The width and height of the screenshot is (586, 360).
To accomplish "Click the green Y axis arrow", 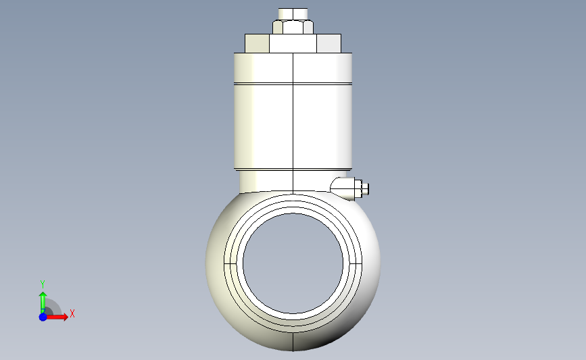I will [x=43, y=300].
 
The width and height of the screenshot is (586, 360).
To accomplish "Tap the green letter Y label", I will [x=43, y=284].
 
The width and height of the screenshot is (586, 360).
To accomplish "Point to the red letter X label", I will [x=72, y=313].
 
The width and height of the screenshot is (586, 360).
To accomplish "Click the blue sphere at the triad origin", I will [x=43, y=317].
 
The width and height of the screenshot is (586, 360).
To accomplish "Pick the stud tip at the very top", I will [x=293, y=13].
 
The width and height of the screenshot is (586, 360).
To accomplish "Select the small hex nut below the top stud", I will [x=293, y=27].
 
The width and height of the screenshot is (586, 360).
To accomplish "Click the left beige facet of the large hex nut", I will [x=256, y=44].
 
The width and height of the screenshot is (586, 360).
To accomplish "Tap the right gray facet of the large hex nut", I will [x=329, y=44].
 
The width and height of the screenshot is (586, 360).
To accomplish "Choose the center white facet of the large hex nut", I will [x=293, y=44].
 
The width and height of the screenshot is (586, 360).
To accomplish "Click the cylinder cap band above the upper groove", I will [x=293, y=68].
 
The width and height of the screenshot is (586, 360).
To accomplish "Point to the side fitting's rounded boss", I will [x=344, y=187].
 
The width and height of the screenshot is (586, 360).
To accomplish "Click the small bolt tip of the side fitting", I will [x=366, y=189].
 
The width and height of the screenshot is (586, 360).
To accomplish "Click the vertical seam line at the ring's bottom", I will [x=293, y=342].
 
